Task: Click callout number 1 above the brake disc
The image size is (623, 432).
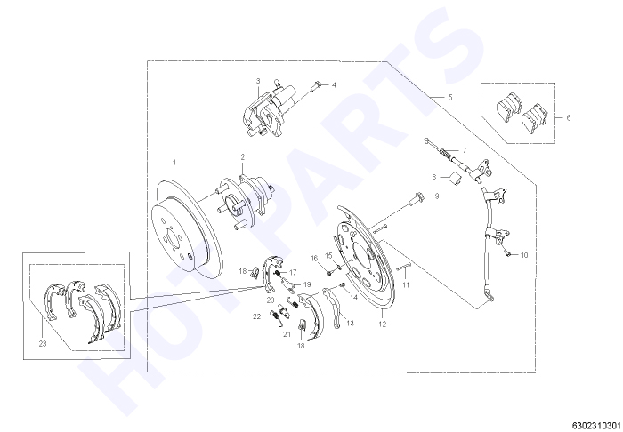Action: pos(174,162)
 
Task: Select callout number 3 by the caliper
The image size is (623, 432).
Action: pos(258,81)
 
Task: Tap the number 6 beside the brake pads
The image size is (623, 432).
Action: pos(569,118)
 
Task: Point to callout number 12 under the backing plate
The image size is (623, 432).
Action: pos(382,324)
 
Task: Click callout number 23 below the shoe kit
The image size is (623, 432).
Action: pos(43,343)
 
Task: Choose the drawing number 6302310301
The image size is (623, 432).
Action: pos(598,425)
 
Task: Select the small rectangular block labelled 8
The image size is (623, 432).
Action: pos(455,179)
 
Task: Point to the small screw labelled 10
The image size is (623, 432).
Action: pos(506,252)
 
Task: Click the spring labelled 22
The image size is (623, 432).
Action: pos(273,315)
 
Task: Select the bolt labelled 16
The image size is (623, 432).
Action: pos(328,273)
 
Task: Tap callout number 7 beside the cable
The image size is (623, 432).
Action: pos(464,150)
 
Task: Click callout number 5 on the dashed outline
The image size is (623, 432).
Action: pos(450,97)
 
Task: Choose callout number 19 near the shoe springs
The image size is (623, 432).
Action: pos(307,284)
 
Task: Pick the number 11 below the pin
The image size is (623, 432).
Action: pos(406,284)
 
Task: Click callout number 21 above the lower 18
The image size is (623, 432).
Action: pos(287,334)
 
